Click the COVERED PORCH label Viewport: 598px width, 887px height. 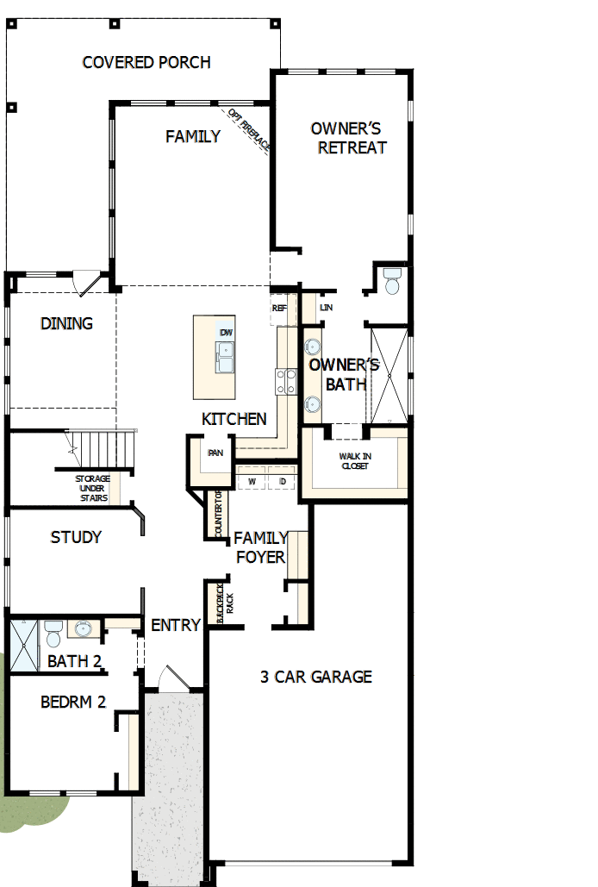pyautogui.click(x=146, y=62)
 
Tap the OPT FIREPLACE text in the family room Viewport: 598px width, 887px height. pyautogui.click(x=250, y=130)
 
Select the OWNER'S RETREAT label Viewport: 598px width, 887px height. pyautogui.click(x=346, y=138)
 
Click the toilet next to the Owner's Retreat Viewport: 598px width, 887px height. pyautogui.click(x=393, y=282)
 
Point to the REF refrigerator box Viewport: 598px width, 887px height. pyautogui.click(x=279, y=308)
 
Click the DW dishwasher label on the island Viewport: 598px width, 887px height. pyautogui.click(x=226, y=333)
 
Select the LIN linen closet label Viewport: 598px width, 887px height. pyautogui.click(x=326, y=308)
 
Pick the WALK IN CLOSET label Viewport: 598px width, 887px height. pyautogui.click(x=353, y=461)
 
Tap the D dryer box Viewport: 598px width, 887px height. pyautogui.click(x=282, y=481)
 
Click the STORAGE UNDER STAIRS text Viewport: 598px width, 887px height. pyautogui.click(x=91, y=488)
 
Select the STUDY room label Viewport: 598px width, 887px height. pyautogui.click(x=76, y=537)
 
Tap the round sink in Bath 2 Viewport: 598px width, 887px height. pyautogui.click(x=84, y=628)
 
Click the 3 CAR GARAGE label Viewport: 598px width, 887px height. pyautogui.click(x=316, y=677)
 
